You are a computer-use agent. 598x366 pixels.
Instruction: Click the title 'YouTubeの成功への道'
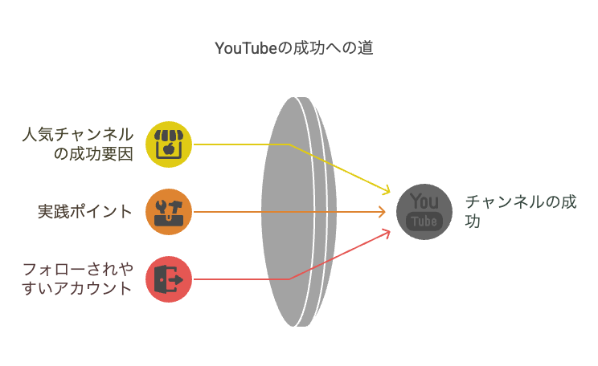tap(293, 48)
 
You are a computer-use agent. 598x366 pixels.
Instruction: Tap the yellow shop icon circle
tap(169, 144)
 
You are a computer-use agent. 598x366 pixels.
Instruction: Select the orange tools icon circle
tap(169, 212)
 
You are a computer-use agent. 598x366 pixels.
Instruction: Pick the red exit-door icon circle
tap(169, 279)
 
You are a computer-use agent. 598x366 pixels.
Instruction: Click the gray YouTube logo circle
tap(424, 212)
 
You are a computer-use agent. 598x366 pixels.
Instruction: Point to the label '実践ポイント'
tap(84, 212)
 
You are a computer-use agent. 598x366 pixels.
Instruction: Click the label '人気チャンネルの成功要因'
tap(78, 144)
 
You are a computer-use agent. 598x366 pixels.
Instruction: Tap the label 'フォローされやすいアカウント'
tap(78, 279)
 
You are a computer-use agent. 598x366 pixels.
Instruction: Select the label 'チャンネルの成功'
tap(521, 211)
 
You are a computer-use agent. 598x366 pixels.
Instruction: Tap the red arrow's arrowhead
tap(387, 232)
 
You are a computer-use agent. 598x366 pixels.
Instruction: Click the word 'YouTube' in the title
tap(246, 48)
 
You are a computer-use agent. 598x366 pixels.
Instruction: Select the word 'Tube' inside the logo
tap(424, 222)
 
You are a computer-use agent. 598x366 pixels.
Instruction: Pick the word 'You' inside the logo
tap(424, 201)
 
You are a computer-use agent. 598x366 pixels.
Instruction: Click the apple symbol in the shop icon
tap(169, 149)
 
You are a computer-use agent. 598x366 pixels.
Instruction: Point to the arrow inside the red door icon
tap(175, 280)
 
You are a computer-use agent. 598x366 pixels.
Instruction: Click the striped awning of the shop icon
tap(169, 135)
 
